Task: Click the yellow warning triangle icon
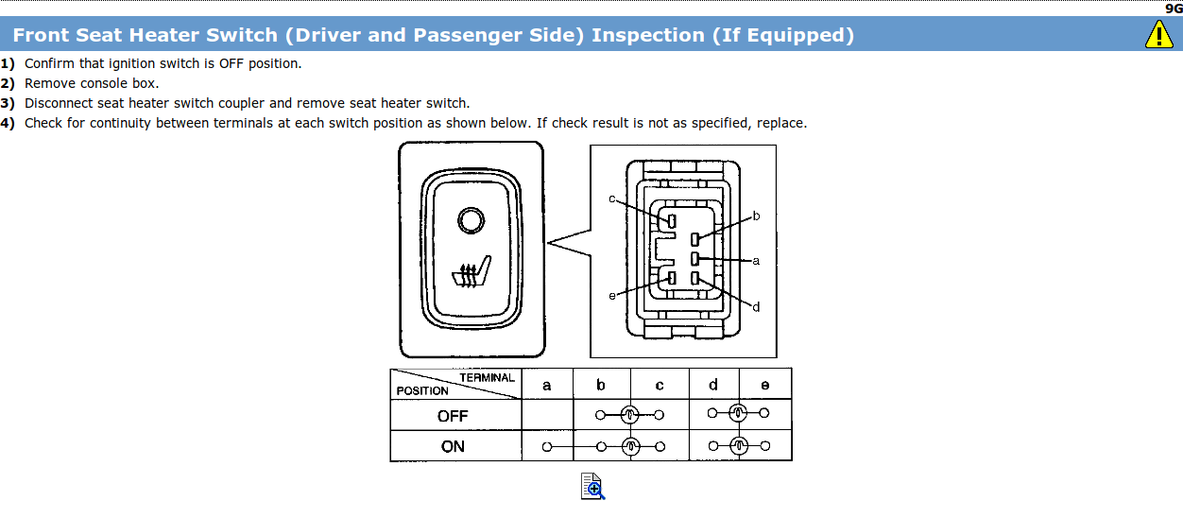[x=1158, y=34]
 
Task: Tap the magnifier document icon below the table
[x=592, y=485]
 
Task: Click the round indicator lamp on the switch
[x=470, y=221]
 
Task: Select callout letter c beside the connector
[x=612, y=199]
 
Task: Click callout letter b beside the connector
[x=756, y=216]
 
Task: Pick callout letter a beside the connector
[x=756, y=260]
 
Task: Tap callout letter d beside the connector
[x=756, y=306]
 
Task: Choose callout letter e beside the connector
[x=612, y=296]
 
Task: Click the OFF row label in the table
[x=453, y=415]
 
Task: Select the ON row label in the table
[x=453, y=446]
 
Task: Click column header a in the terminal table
[x=547, y=385]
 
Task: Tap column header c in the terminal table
[x=659, y=385]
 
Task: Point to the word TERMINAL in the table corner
[x=487, y=377]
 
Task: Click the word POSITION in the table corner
[x=422, y=390]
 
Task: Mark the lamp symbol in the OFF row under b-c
[x=630, y=414]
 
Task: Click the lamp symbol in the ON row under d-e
[x=740, y=446]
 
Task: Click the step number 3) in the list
[x=8, y=103]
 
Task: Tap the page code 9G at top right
[x=1174, y=8]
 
